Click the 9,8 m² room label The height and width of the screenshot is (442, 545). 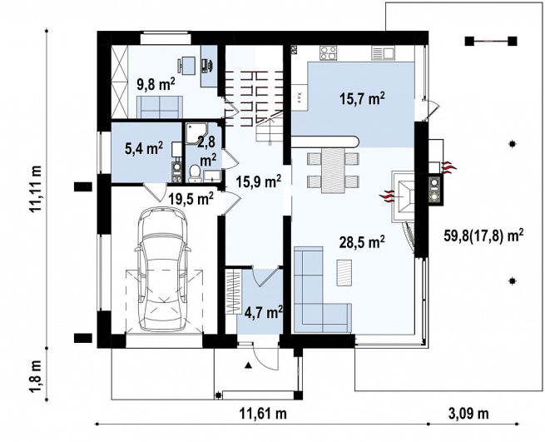pyautogui.click(x=156, y=84)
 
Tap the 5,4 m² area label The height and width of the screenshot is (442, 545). pyautogui.click(x=144, y=149)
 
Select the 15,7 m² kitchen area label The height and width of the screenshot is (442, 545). pyautogui.click(x=362, y=99)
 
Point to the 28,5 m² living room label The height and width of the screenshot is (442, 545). pyautogui.click(x=362, y=242)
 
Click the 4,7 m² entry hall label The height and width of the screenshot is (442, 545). pyautogui.click(x=263, y=312)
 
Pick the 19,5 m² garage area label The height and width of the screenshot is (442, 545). pyautogui.click(x=191, y=199)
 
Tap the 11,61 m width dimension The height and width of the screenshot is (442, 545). pyautogui.click(x=263, y=414)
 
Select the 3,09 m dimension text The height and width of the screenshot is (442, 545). pyautogui.click(x=468, y=414)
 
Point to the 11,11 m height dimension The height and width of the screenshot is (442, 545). pyautogui.click(x=36, y=189)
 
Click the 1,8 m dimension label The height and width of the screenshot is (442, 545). pyautogui.click(x=36, y=376)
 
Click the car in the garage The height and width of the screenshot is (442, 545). pyautogui.click(x=162, y=269)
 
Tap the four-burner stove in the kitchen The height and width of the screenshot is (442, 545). pyautogui.click(x=328, y=53)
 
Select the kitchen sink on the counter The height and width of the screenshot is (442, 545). pyautogui.click(x=383, y=53)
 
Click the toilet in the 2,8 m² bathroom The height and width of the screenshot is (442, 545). pyautogui.click(x=195, y=173)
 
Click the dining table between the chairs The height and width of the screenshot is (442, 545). pyautogui.click(x=333, y=170)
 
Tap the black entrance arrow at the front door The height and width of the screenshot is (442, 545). pyautogui.click(x=248, y=365)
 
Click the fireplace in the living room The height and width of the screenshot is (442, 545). pyautogui.click(x=403, y=196)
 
